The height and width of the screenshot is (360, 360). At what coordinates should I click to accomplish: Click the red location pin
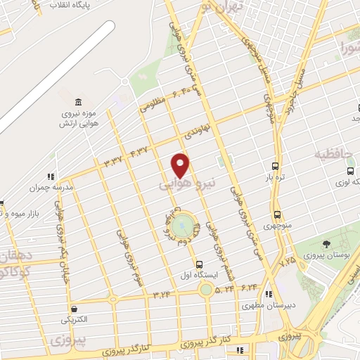(x=181, y=165)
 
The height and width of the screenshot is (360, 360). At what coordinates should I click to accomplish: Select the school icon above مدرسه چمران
(x=50, y=176)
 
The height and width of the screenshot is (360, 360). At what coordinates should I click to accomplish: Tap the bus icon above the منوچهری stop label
(x=277, y=214)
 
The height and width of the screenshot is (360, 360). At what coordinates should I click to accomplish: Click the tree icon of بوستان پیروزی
(x=326, y=244)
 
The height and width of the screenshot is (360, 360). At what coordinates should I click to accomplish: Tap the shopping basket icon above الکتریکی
(x=74, y=308)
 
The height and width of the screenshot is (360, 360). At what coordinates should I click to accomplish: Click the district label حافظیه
(x=335, y=153)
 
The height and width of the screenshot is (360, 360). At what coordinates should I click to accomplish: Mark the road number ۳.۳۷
(x=112, y=160)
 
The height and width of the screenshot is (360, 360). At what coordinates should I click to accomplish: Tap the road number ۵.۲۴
(x=224, y=288)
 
